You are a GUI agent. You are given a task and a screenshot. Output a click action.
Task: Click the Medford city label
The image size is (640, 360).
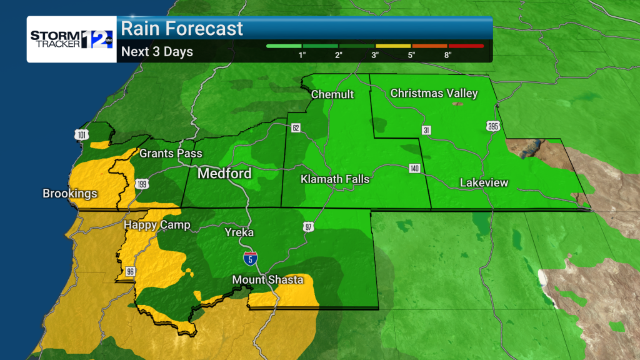click(224, 173)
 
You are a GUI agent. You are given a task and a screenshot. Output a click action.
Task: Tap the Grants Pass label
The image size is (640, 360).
click(166, 153)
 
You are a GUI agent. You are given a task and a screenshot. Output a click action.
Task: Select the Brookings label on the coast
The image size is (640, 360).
click(70, 194)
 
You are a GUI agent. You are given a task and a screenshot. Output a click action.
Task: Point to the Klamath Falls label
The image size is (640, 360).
click(335, 179)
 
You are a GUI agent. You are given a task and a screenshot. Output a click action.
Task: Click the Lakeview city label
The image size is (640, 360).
click(484, 183)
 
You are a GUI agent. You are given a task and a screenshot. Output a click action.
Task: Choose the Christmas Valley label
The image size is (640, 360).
click(434, 94)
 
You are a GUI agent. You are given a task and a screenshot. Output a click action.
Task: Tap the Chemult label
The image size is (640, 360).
click(332, 94)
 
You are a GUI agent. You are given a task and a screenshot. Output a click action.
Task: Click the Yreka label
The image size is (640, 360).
click(239, 232)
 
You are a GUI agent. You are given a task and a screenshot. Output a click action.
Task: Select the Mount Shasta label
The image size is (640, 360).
click(268, 279)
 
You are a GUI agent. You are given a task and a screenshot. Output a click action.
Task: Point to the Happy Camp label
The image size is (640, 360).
click(156, 225)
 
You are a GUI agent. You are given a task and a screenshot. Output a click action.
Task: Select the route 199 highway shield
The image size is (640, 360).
click(141, 184)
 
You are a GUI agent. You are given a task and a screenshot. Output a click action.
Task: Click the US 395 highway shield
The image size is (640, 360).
click(492, 127)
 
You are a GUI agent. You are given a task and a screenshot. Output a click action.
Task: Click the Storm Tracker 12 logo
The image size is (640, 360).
click(71, 39)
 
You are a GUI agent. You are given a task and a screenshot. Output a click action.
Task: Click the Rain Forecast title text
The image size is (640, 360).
click(182, 29)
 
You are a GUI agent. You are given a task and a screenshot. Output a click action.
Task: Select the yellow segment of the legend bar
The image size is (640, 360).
click(393, 46)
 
